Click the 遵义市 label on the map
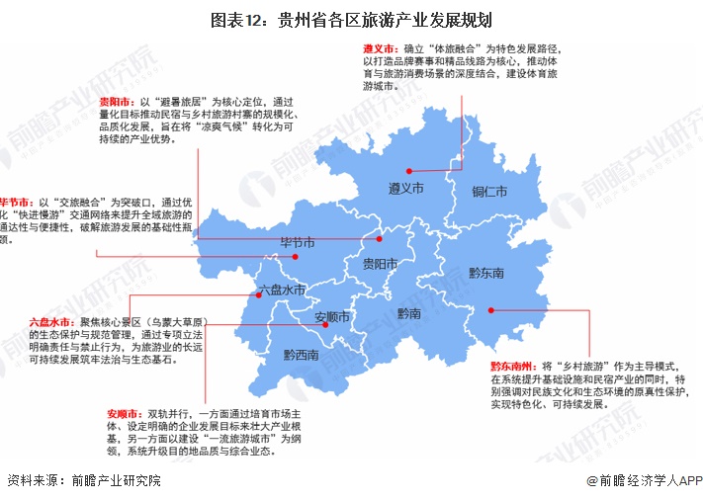click(405, 188)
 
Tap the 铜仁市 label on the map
click(489, 191)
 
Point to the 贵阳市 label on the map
click(380, 264)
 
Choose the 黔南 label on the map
click(409, 313)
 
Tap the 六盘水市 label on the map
click(282, 292)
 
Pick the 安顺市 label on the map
click(332, 317)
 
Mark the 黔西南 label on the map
click(301, 355)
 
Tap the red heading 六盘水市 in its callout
click(50, 322)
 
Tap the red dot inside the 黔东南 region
click(491, 310)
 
